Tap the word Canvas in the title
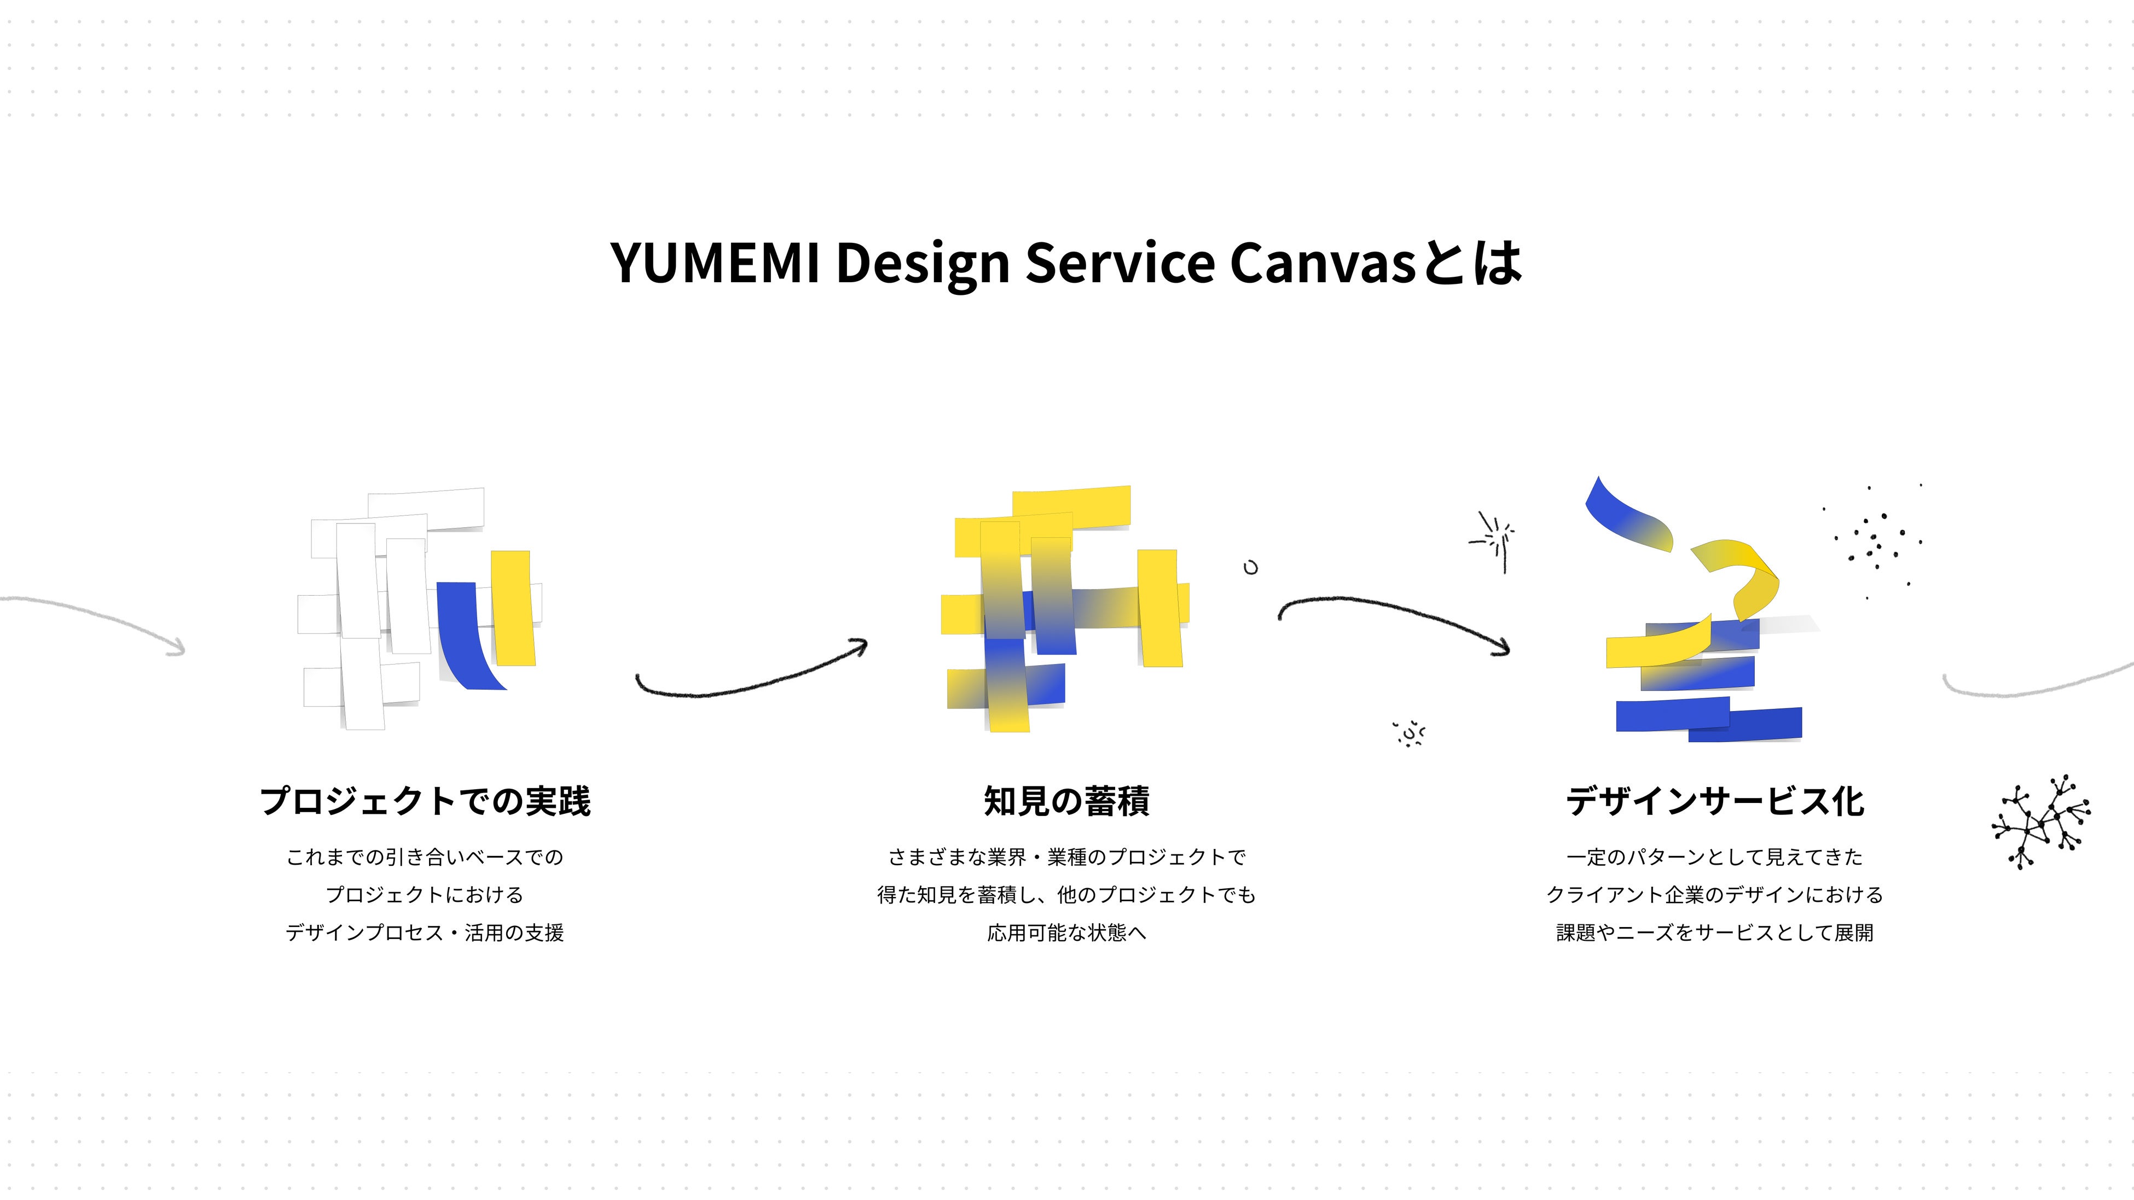pos(1323,263)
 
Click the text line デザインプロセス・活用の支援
pos(425,933)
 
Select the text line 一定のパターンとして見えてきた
pos(1715,857)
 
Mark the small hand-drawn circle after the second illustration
pos(1251,567)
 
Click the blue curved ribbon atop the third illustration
pos(1628,517)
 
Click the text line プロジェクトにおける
pos(425,894)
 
